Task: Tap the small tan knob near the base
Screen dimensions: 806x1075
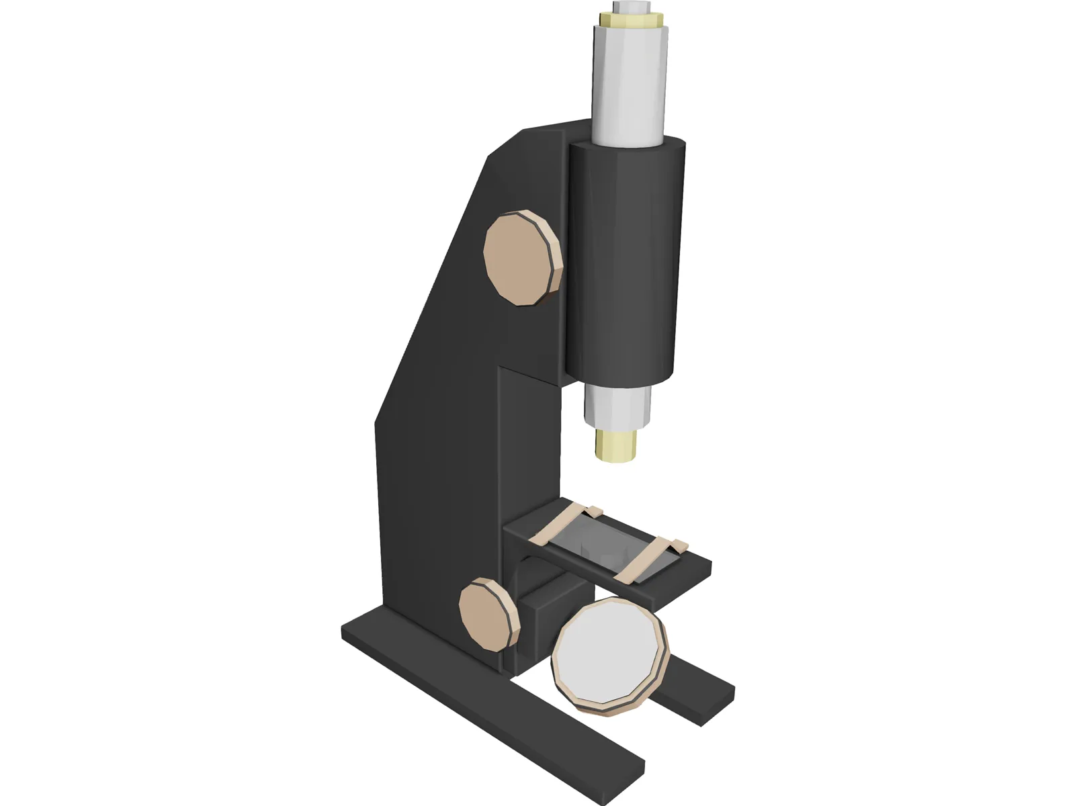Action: coord(485,615)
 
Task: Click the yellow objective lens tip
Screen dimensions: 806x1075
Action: coord(616,446)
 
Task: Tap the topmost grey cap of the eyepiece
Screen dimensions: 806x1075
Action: coord(632,7)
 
